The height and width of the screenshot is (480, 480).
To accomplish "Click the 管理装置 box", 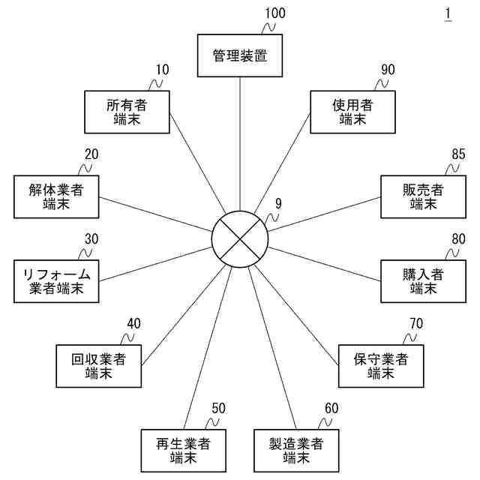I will (239, 55).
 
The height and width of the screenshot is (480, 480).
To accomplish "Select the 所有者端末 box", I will (126, 112).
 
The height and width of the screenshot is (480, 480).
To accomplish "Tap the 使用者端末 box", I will (352, 112).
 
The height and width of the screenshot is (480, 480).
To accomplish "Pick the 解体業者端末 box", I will (56, 196).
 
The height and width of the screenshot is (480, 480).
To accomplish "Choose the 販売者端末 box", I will (423, 196).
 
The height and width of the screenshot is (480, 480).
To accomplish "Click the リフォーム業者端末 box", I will (56, 281).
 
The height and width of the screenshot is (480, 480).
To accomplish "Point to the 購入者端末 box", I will (423, 281).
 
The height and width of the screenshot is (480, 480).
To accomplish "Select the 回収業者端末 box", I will (98, 365).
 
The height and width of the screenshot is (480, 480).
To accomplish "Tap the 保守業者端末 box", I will (380, 365).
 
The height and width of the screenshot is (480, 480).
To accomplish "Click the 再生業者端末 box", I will (183, 449).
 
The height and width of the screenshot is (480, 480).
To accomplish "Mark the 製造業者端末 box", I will (296, 449).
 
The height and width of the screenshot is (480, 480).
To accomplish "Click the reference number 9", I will (278, 203).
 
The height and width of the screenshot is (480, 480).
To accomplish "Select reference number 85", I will (458, 154).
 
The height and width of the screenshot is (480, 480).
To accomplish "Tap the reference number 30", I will (91, 238).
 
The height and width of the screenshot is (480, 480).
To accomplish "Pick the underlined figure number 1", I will (448, 13).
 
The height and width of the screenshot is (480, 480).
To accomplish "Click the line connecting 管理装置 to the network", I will (239, 142).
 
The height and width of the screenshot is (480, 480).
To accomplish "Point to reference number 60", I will (331, 408).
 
